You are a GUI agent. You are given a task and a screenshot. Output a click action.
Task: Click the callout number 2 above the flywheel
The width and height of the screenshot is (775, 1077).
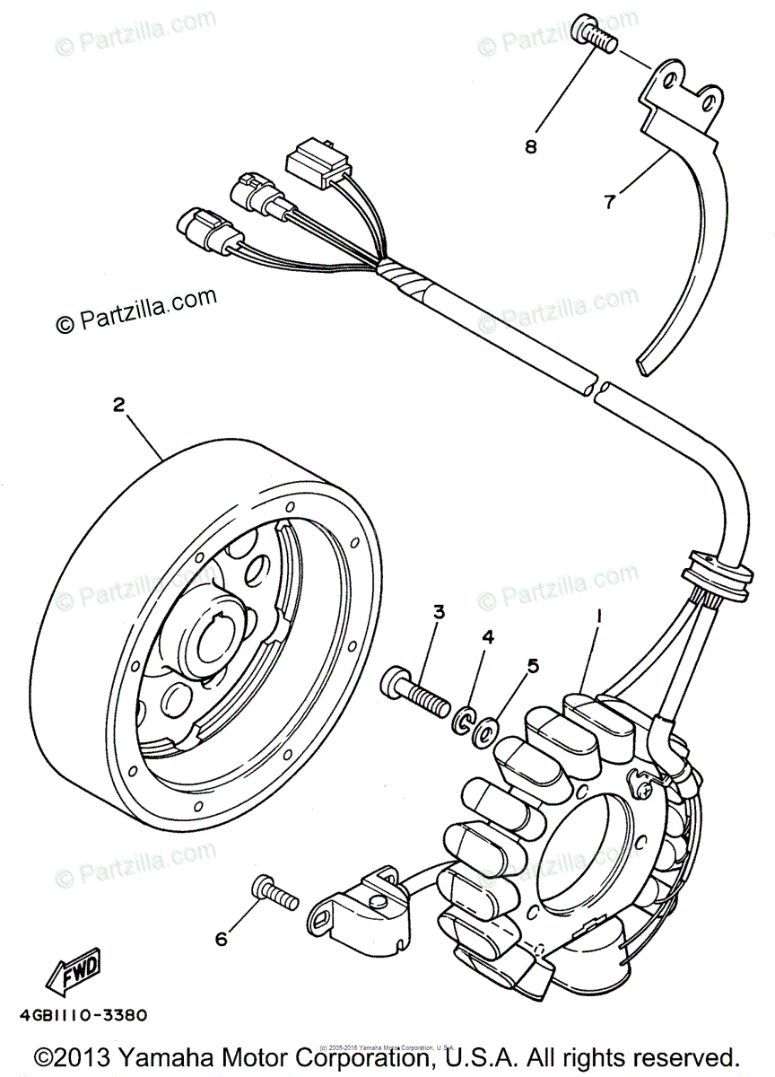[118, 405]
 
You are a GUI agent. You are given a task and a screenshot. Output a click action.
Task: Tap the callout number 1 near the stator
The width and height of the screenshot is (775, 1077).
[597, 619]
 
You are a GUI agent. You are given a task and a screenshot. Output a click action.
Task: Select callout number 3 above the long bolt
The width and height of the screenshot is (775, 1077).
[439, 613]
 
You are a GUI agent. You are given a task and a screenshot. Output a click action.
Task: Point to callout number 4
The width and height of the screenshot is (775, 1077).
[488, 637]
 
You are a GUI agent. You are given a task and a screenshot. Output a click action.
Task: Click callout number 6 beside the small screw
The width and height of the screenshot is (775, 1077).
[221, 939]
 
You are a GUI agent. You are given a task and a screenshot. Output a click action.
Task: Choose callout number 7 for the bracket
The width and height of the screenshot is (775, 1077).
[610, 202]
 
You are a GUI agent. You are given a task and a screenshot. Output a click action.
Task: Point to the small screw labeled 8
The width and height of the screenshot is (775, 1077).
[595, 38]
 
